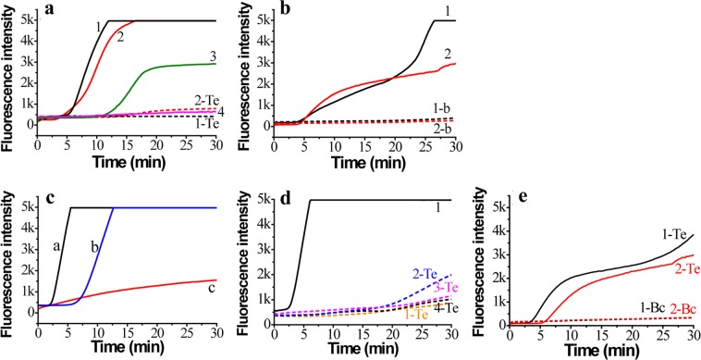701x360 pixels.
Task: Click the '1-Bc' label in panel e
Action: [627, 306]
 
